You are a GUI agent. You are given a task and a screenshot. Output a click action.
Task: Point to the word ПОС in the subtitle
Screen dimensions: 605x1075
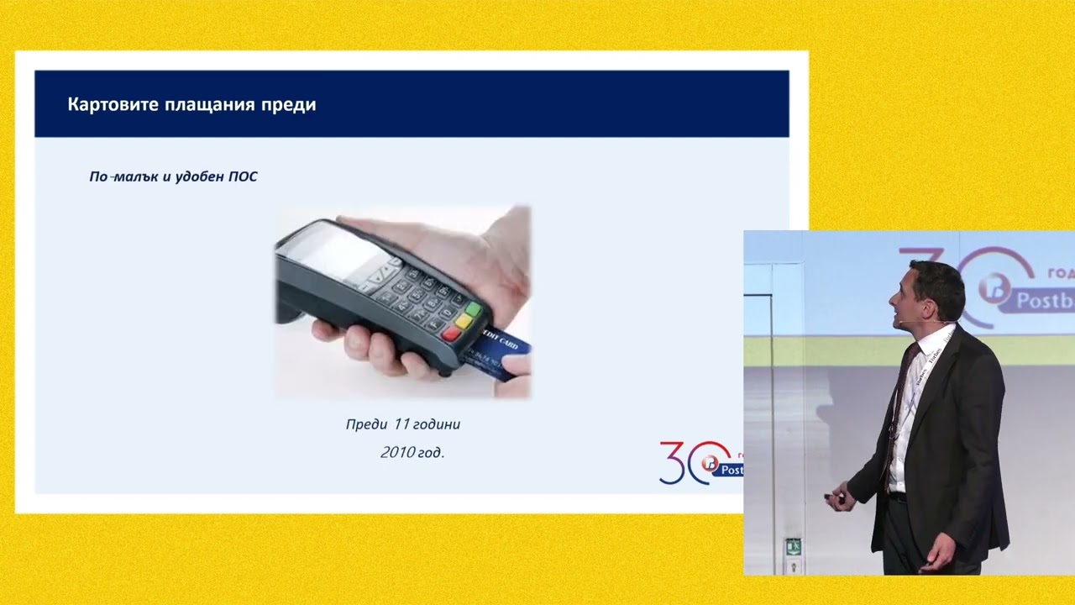coord(243,177)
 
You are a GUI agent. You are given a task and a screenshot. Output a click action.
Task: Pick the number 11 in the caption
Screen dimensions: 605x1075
coord(401,424)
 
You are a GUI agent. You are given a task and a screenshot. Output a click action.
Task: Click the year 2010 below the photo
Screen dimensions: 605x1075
coord(397,453)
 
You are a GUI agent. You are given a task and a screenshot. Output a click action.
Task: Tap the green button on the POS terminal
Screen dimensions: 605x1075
coord(473,309)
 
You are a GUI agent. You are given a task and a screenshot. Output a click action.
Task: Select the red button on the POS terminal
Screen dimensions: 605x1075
coord(451,333)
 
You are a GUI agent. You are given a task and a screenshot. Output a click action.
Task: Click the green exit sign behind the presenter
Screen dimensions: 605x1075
coord(793,547)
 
